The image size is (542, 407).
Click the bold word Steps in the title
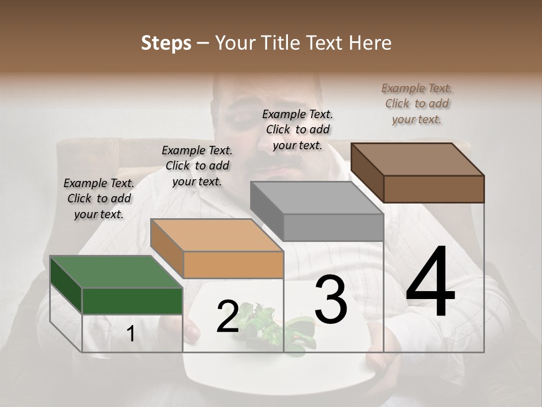tap(165, 43)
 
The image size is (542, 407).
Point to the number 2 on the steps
tap(228, 317)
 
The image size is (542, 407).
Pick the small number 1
tap(130, 334)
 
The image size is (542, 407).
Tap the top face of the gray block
tap(317, 198)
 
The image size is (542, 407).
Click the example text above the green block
tap(99, 198)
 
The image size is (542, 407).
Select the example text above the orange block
tap(197, 166)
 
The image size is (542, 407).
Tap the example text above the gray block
tap(298, 129)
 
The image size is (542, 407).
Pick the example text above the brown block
tap(417, 103)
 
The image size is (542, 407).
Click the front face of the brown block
tap(434, 189)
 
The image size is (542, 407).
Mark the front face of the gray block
tap(333, 227)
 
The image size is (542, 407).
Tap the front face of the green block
tap(132, 301)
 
